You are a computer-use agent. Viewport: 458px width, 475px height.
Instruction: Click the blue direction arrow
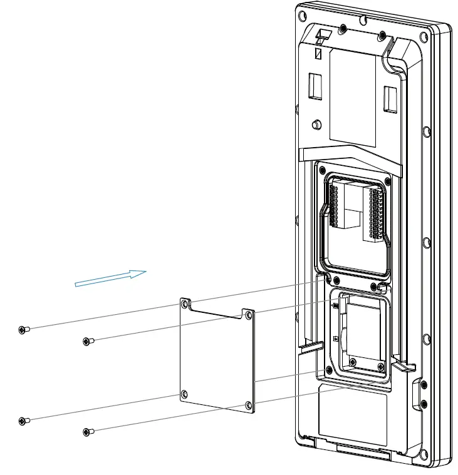coord(110,279)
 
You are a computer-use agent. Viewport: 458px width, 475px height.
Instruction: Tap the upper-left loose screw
coord(23,330)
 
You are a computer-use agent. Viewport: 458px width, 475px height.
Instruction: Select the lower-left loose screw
coord(23,421)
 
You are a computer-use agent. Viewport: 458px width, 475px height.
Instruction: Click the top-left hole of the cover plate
coord(184,304)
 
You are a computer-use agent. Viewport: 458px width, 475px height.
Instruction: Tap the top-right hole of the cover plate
coord(249,315)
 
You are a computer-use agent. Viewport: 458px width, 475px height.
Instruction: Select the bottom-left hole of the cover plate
coord(184,394)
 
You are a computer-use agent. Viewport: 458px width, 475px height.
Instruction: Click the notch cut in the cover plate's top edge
coord(216,310)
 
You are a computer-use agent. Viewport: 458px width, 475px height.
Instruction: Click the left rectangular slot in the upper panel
coord(315,86)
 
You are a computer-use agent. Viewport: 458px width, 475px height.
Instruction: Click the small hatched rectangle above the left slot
coord(318,55)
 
